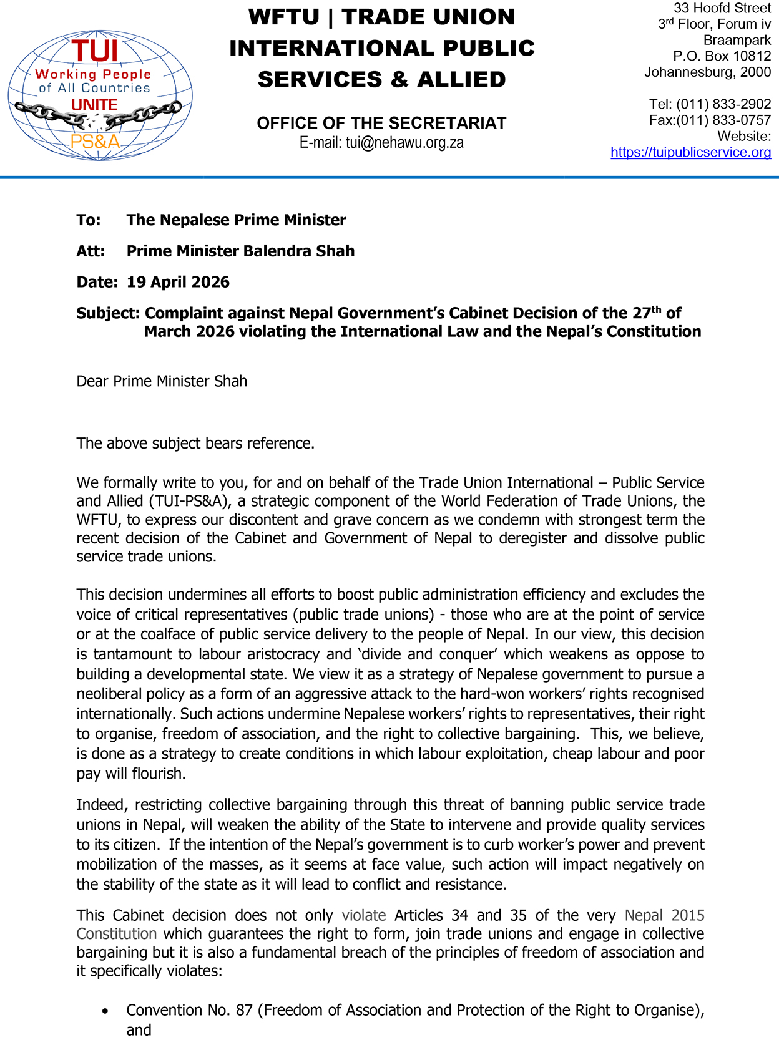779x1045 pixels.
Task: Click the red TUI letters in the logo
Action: (95, 51)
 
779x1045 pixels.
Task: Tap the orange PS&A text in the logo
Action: (96, 142)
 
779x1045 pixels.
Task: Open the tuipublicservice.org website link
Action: (690, 152)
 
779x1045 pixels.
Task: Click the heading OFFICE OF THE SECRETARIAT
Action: (381, 123)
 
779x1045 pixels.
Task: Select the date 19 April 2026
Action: (178, 282)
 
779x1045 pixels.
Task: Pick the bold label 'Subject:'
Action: (108, 313)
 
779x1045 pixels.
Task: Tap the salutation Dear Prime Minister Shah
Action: (162, 381)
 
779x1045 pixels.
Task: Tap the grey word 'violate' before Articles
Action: (364, 915)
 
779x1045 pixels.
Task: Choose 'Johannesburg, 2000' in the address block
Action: (707, 72)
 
